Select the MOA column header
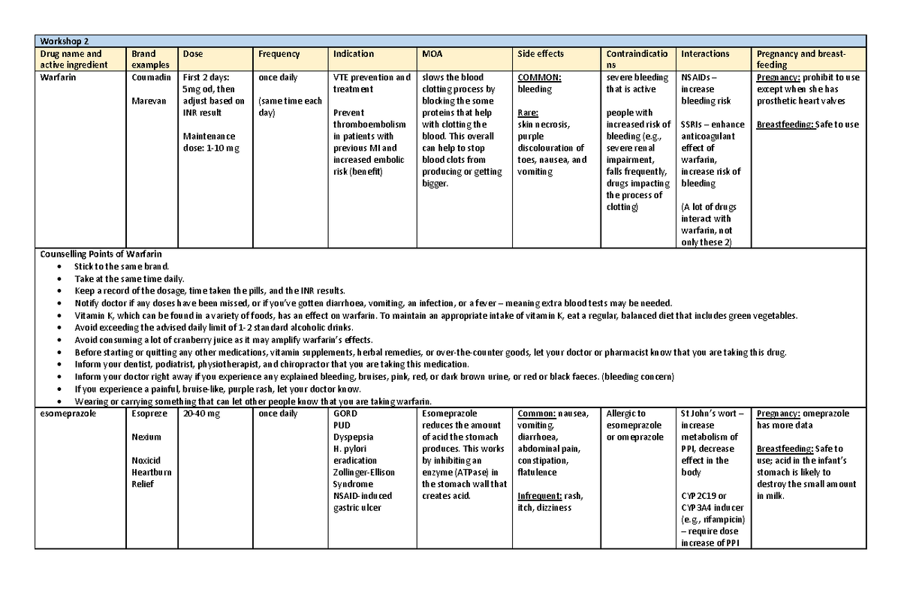coord(432,54)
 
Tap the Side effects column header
coord(541,54)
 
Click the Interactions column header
coord(705,54)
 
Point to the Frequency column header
coord(279,54)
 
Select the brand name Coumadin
coord(151,77)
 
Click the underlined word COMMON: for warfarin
coord(540,77)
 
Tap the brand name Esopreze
coord(149,413)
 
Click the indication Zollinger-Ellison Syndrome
coord(363,478)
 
